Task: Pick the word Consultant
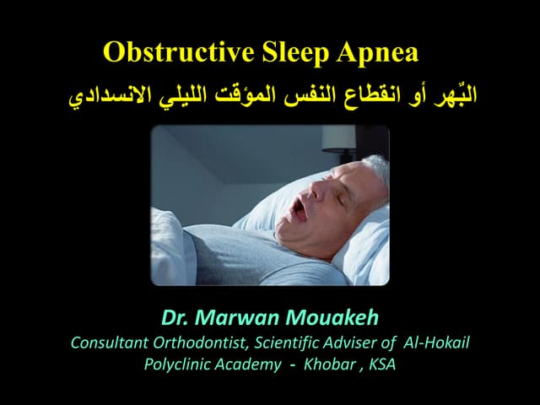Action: pos(108,343)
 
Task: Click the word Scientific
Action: pos(276,343)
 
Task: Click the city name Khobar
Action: pos(331,364)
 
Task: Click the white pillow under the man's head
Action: pos(359,245)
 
